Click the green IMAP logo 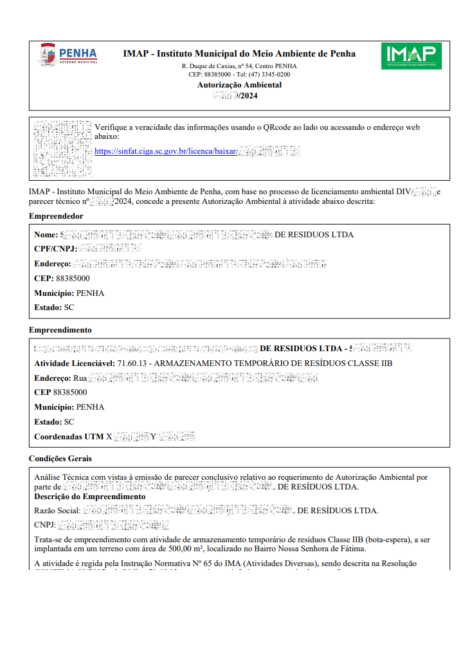(x=411, y=56)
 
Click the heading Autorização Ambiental (x=239, y=85)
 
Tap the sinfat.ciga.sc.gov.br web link (x=165, y=151)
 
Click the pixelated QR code (x=62, y=149)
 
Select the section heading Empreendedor (x=56, y=216)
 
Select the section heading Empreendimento (x=60, y=329)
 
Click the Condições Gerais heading (x=60, y=459)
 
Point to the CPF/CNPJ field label (x=55, y=249)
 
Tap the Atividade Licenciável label (x=75, y=363)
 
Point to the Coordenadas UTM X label (x=73, y=437)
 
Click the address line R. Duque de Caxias (x=239, y=66)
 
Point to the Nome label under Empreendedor (x=46, y=235)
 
